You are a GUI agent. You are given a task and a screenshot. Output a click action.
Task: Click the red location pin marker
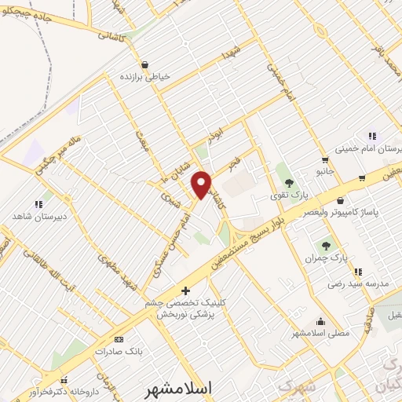point(202,185)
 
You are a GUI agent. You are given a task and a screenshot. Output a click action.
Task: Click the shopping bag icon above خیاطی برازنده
point(144,65)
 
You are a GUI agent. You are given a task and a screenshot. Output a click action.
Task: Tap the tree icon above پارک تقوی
point(290,183)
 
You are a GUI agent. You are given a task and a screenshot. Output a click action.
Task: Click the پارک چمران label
point(327,258)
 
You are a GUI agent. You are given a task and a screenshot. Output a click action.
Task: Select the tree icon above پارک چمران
point(326,246)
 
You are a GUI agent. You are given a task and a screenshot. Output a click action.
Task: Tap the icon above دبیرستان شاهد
point(38,204)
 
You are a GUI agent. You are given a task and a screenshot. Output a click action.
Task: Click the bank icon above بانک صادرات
point(119,339)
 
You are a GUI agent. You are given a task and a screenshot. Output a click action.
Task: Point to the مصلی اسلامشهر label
point(320,333)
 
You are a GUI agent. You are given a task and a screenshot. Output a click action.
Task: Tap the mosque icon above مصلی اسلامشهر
point(320,321)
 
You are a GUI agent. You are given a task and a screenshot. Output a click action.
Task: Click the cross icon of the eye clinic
point(186,290)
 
